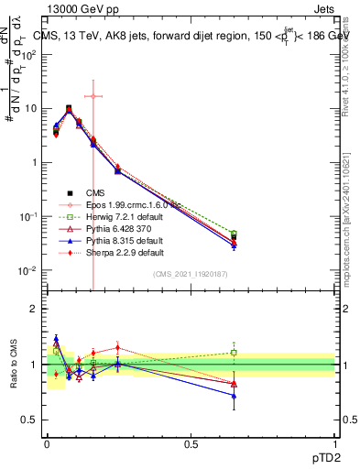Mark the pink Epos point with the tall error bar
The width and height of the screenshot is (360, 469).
tap(93, 96)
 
